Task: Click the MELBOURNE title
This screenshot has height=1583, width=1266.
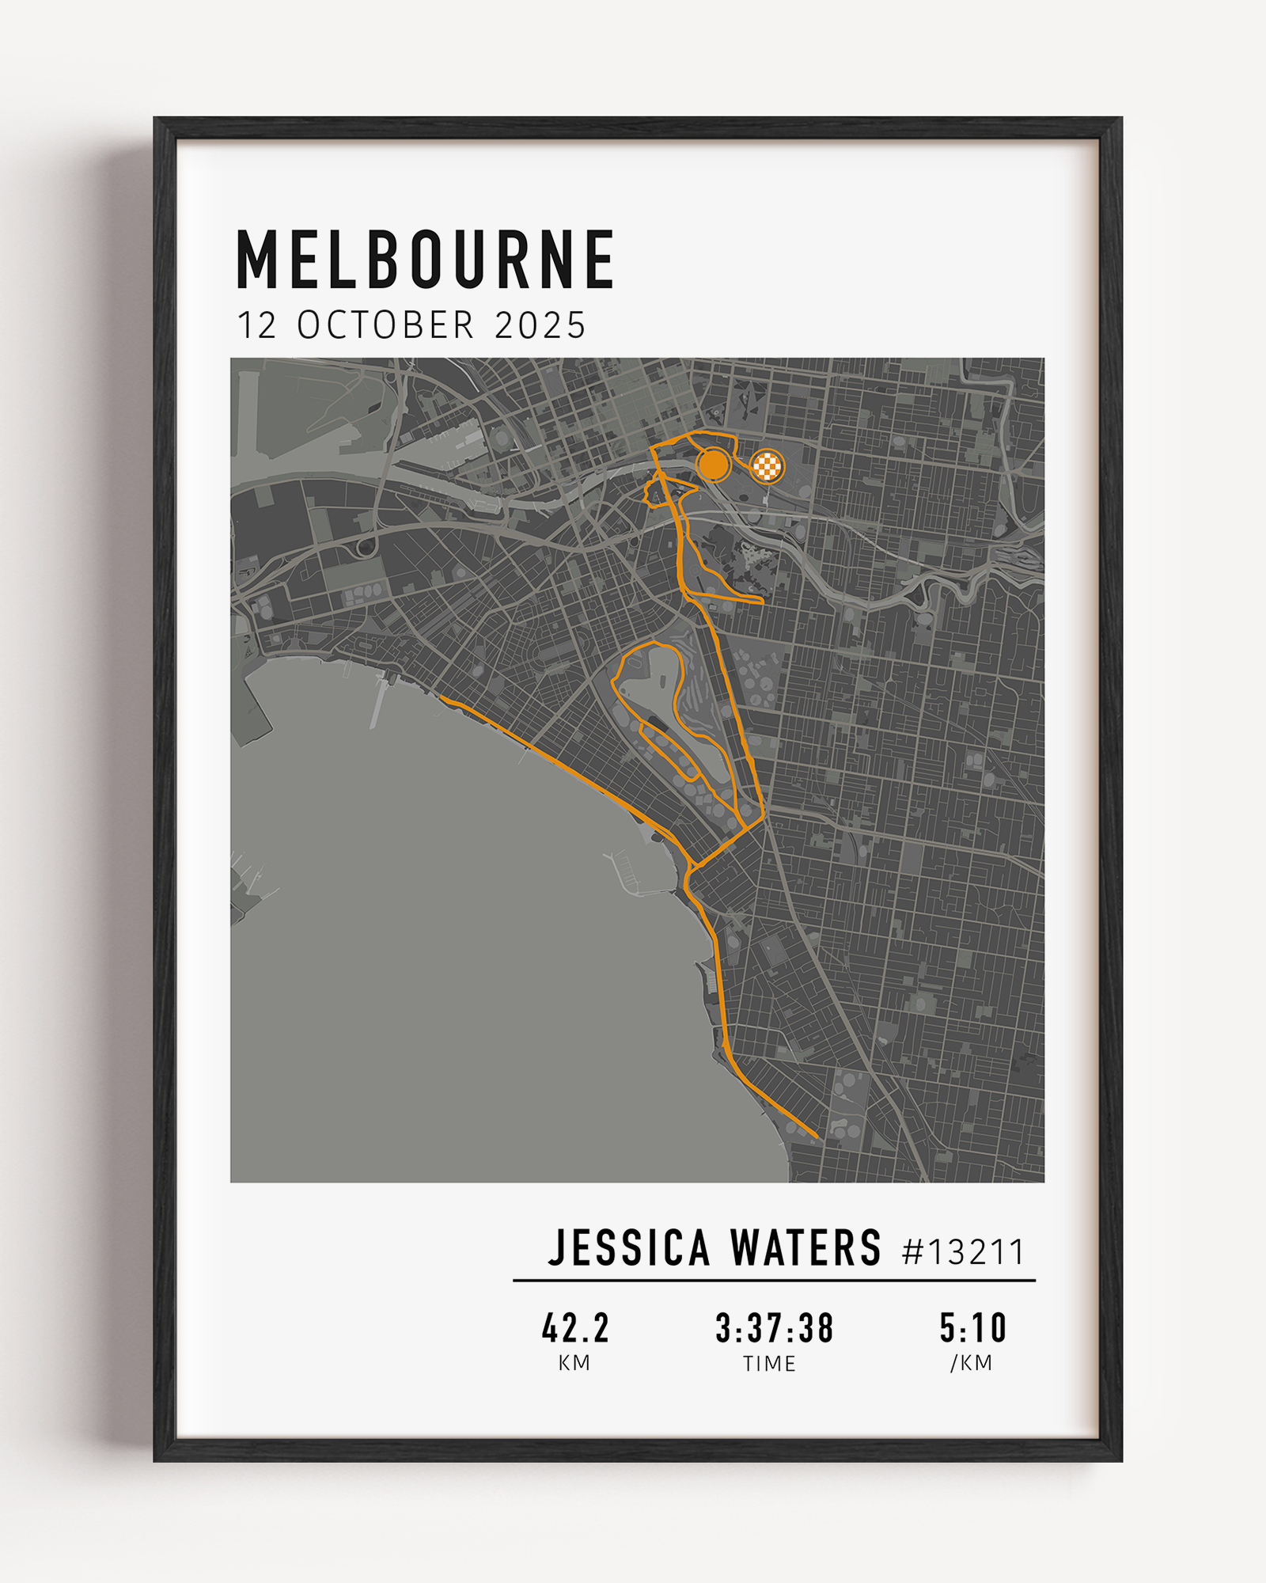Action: [x=426, y=260]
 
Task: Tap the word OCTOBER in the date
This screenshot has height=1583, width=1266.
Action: [x=385, y=325]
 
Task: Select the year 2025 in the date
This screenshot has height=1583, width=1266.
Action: [x=540, y=325]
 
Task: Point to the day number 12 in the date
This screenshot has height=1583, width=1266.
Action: [x=257, y=325]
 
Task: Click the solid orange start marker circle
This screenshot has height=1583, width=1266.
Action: [x=714, y=465]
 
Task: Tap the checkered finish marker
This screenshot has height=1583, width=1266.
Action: [x=767, y=466]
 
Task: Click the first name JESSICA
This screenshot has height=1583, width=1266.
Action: [x=629, y=1249]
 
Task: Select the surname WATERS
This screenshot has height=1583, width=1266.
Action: [x=805, y=1249]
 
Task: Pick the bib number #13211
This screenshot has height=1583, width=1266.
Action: [x=963, y=1252]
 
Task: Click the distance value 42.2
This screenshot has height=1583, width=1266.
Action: [x=575, y=1328]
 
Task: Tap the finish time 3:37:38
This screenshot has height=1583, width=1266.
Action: [x=774, y=1328]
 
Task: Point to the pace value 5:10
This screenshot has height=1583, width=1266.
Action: [x=972, y=1328]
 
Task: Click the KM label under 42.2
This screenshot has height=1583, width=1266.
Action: [x=574, y=1363]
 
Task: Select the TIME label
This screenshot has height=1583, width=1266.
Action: [x=769, y=1364]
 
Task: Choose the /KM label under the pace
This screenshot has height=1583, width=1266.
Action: [x=971, y=1363]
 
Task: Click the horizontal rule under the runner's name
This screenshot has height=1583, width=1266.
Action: [x=774, y=1280]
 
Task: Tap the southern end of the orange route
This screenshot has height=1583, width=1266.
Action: [x=816, y=1137]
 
